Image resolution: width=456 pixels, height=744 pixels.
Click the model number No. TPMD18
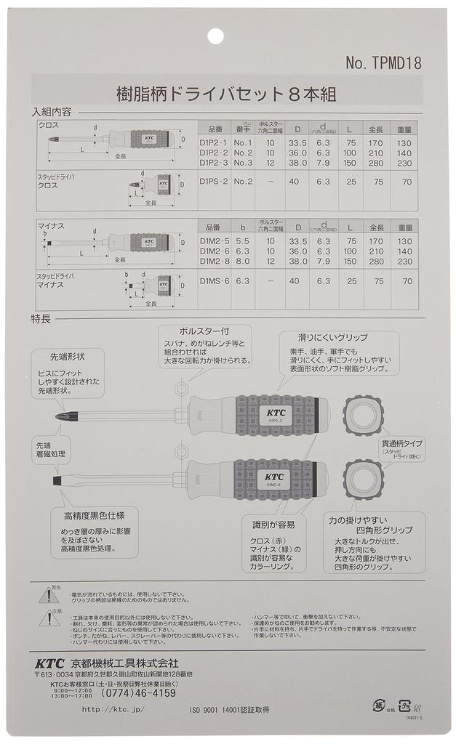click(x=383, y=63)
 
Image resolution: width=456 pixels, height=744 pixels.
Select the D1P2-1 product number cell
click(x=214, y=143)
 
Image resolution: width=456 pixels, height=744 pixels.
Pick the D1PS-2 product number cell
click(x=214, y=181)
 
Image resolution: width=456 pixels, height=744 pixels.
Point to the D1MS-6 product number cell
click(x=214, y=280)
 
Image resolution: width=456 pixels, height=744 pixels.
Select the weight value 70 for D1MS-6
click(x=407, y=280)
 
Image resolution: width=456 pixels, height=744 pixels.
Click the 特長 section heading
click(x=41, y=318)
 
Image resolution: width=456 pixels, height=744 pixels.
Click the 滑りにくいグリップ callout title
click(x=332, y=338)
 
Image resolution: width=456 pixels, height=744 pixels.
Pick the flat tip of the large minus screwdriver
click(x=55, y=481)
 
